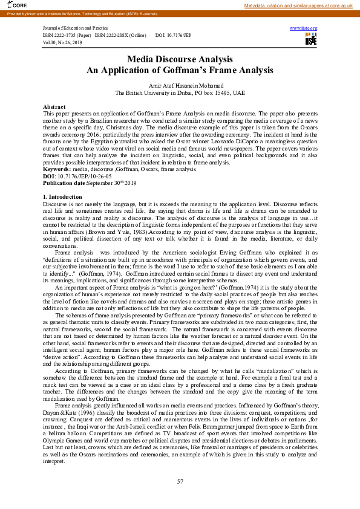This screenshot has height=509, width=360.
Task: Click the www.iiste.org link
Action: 304,28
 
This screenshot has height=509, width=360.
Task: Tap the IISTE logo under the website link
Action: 311,39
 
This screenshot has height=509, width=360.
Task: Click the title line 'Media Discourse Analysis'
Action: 180,59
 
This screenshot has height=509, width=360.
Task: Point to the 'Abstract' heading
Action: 54,106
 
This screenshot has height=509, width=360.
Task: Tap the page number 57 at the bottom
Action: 180,481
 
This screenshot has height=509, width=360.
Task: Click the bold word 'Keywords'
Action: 57,170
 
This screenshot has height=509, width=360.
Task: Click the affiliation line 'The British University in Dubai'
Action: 180,94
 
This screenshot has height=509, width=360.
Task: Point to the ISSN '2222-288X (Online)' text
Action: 121,36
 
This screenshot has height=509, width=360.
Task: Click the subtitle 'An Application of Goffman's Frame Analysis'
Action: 180,70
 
